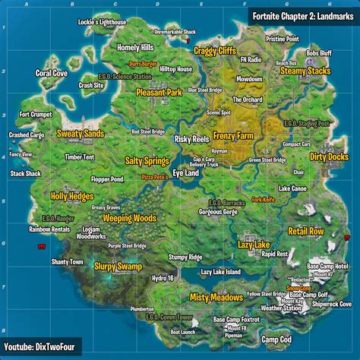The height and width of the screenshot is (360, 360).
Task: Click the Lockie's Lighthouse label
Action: [x=102, y=23]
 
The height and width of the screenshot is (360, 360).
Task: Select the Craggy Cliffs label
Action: [x=215, y=50]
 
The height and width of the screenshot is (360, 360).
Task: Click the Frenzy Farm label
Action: [x=234, y=136]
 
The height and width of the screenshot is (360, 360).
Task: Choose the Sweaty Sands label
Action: [x=81, y=134]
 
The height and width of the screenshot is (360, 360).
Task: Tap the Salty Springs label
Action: [x=147, y=161]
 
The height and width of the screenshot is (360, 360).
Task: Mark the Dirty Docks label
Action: [x=328, y=157]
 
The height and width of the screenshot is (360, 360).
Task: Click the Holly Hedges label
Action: [x=71, y=196]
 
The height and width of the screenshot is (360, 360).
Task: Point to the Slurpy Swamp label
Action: [x=118, y=267]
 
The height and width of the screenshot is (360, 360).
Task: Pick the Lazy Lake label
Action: [x=253, y=245]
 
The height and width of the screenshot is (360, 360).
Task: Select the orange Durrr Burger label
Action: [x=142, y=65]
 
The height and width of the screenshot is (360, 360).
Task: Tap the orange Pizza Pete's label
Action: [x=155, y=176]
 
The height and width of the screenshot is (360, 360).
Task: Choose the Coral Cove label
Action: [x=51, y=74]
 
